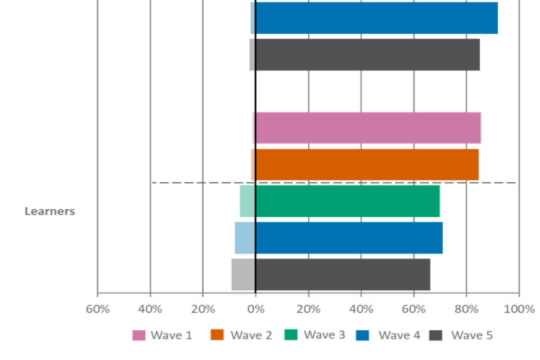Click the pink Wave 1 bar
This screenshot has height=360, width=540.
(x=367, y=128)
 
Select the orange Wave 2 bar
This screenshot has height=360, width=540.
(x=365, y=165)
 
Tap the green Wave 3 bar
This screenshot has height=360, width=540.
(x=340, y=201)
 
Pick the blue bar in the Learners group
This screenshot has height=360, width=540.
(x=338, y=238)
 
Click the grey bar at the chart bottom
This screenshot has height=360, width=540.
(x=330, y=274)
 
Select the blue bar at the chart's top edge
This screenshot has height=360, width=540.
(x=375, y=18)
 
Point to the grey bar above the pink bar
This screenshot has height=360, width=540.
(x=365, y=55)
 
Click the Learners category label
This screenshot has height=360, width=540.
(x=49, y=212)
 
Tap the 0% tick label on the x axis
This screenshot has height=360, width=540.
(x=255, y=309)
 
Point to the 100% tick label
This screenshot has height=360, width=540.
(x=519, y=309)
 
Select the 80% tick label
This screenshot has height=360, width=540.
(x=466, y=309)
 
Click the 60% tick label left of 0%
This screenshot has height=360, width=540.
(x=97, y=309)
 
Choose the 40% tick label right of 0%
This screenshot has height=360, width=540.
(x=361, y=309)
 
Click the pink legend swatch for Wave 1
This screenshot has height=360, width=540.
(x=138, y=335)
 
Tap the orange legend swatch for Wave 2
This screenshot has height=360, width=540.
(x=217, y=335)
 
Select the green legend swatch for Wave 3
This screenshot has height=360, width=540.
(x=291, y=335)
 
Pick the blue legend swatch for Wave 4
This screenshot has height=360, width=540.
(x=363, y=335)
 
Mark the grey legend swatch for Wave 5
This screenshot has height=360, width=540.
(x=436, y=335)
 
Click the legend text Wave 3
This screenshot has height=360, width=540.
(x=325, y=335)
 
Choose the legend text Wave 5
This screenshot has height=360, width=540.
(x=472, y=335)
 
